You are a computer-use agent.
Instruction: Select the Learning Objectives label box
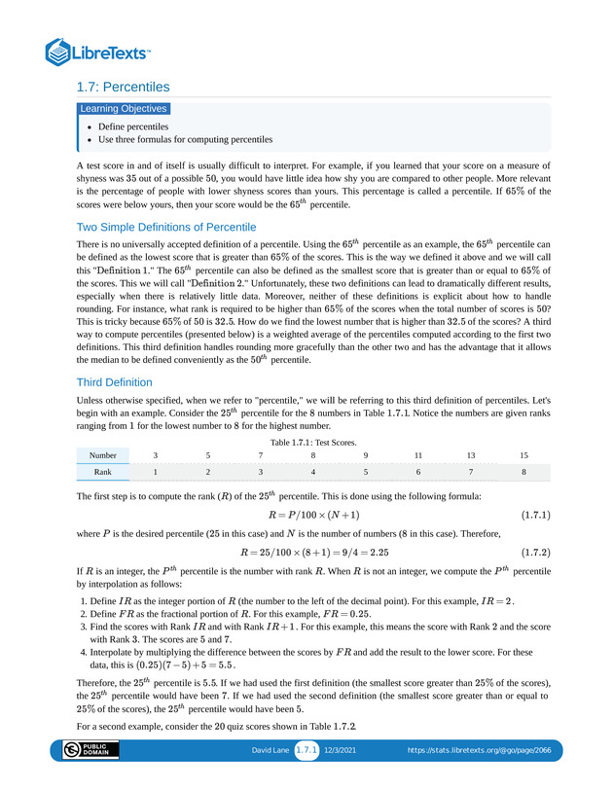tap(124, 109)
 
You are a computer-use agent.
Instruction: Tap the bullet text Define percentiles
tap(133, 126)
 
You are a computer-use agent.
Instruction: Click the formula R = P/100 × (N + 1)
tap(313, 515)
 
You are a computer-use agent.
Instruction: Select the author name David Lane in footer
tap(270, 751)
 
